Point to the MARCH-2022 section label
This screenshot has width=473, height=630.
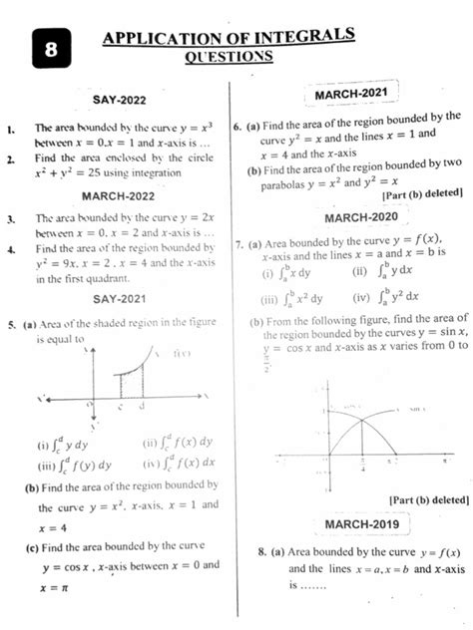118,195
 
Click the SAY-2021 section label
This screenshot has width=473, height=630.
118,298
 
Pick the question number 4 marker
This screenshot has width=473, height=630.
9,249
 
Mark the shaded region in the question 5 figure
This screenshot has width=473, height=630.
132,381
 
